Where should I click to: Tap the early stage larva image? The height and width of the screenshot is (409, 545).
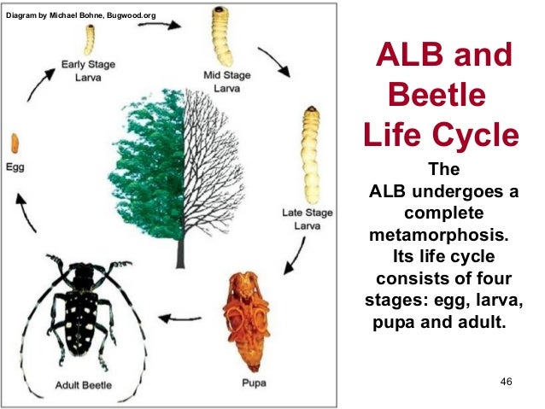[x=88, y=38]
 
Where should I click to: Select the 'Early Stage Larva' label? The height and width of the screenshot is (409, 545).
[x=87, y=72]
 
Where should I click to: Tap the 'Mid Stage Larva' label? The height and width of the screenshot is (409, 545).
[x=226, y=80]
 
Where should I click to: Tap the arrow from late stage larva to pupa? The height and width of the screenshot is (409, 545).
[x=296, y=254]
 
